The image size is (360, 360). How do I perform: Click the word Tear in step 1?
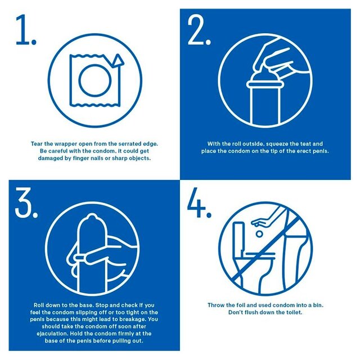[37, 144]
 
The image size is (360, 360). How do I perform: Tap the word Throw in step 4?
[218, 304]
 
